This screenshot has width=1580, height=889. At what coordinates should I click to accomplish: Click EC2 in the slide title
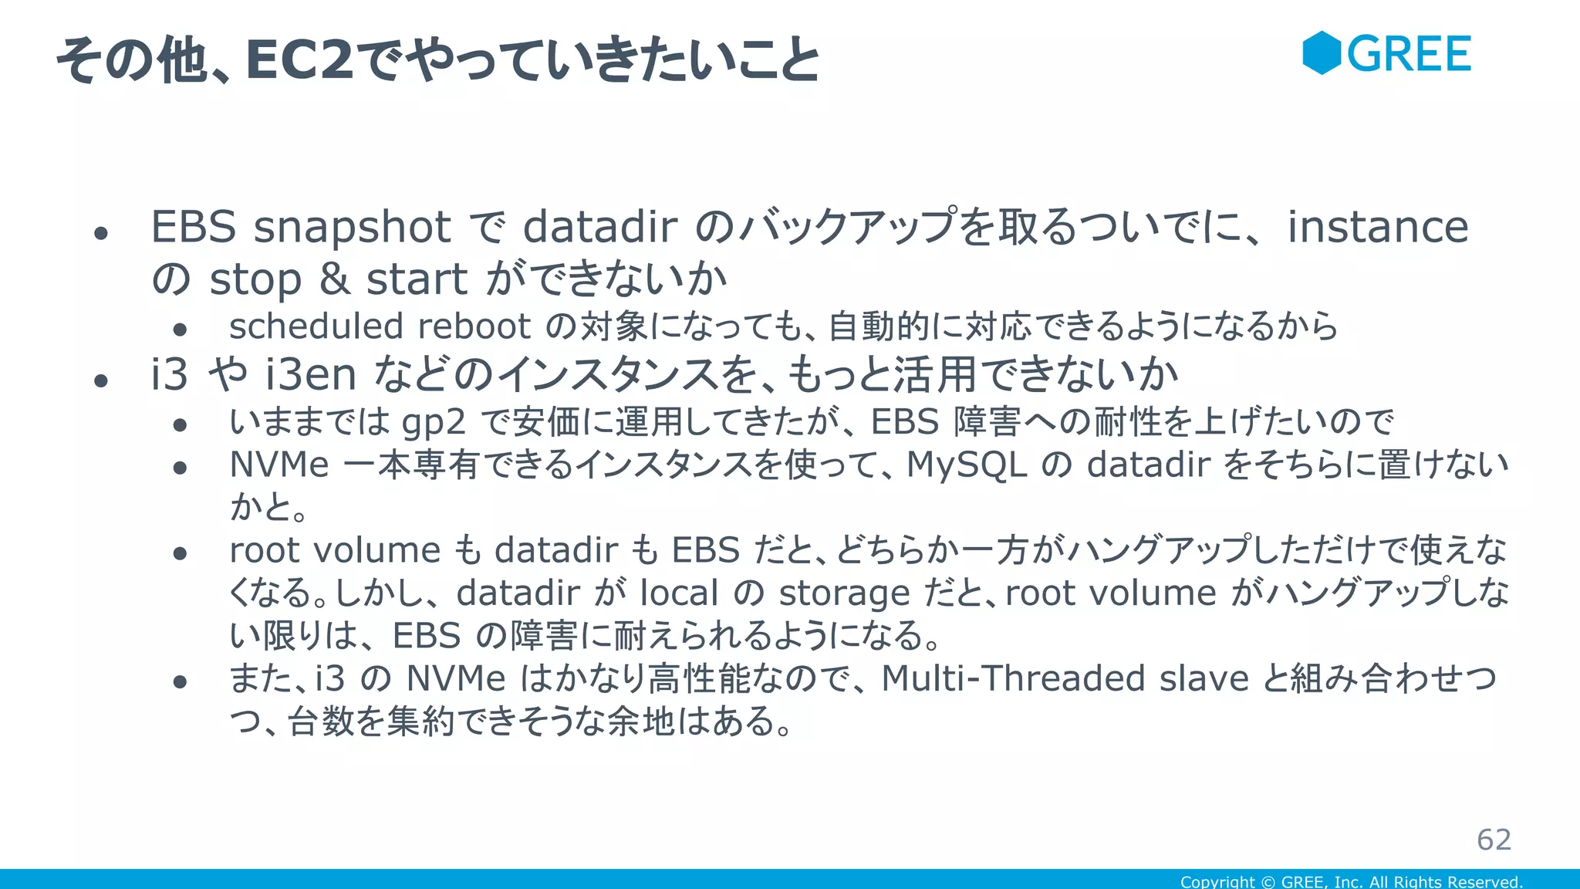coord(299,60)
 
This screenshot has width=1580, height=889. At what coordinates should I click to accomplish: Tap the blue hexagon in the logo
coord(1322,53)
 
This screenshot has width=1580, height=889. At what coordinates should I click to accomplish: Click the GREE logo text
coord(1409,54)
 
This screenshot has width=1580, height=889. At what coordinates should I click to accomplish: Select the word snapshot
coord(353,228)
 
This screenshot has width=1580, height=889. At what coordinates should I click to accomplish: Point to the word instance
coord(1378,228)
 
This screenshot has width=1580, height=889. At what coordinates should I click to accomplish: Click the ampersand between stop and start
coord(334,279)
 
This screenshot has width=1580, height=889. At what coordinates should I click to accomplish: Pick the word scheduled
coord(316,326)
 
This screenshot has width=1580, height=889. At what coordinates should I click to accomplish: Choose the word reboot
coord(474,326)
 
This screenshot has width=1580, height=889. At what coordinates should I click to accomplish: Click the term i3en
coord(310,375)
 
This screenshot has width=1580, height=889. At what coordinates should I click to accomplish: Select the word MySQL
coord(967,465)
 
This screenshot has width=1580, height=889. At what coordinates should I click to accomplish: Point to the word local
coord(680,593)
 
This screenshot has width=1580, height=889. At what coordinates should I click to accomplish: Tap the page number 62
coord(1494,840)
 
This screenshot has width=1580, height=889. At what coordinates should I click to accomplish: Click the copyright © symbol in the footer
coord(1268,881)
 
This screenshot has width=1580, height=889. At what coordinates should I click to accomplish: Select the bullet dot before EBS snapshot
coord(100,232)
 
